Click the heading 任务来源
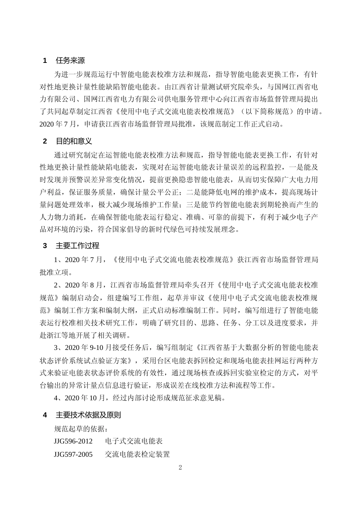point(70,60)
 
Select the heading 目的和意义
point(74,141)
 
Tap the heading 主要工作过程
point(77,245)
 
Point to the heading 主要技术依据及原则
point(88,415)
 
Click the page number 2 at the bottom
point(180,467)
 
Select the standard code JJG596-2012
point(73,441)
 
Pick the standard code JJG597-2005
point(73,454)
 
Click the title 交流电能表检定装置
point(137,454)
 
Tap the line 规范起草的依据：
point(81,428)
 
